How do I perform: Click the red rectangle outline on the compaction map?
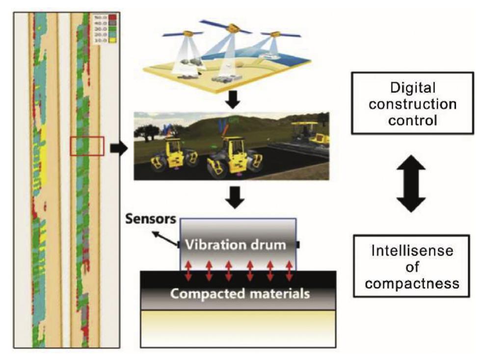click(x=87, y=146)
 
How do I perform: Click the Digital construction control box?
click(x=412, y=103)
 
